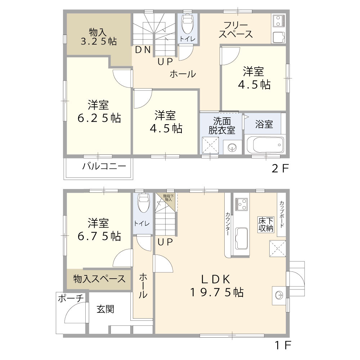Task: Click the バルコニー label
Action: (104, 167)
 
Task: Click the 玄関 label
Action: (105, 309)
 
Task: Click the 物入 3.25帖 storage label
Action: (98, 36)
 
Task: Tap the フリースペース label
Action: (235, 30)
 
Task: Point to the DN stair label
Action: (143, 50)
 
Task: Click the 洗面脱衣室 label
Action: (222, 126)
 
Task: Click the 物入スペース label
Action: (99, 279)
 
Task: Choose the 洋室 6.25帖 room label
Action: (99, 112)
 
